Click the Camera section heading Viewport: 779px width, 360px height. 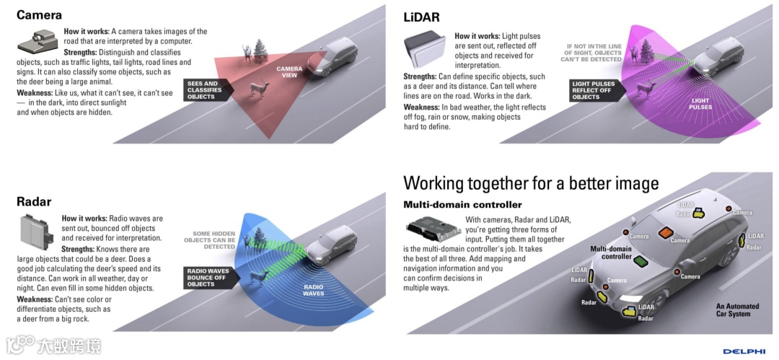39,14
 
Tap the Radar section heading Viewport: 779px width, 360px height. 34,201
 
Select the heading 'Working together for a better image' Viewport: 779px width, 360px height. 530,183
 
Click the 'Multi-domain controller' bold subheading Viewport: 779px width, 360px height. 462,205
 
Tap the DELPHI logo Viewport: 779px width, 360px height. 743,351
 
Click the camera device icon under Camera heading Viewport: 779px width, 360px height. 37,41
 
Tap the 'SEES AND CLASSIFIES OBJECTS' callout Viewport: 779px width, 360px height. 203,90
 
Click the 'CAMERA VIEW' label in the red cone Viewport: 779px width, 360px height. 290,72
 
